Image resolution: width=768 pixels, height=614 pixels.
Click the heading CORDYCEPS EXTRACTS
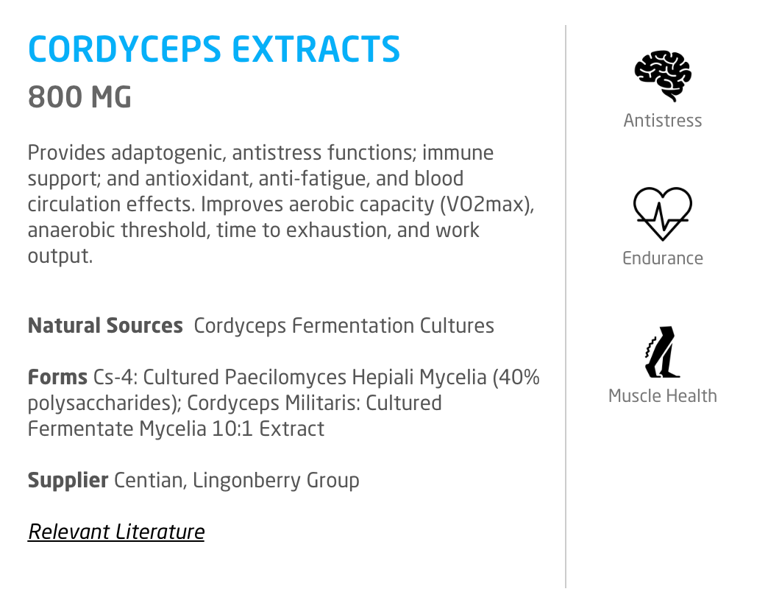click(214, 49)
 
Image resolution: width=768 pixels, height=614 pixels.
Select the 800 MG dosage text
click(80, 96)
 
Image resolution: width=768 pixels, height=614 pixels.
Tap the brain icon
click(663, 76)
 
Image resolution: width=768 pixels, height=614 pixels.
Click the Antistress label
click(663, 121)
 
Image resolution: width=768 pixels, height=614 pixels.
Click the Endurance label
click(663, 258)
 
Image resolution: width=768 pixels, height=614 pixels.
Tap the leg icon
click(662, 352)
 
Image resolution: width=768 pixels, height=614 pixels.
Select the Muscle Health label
click(663, 396)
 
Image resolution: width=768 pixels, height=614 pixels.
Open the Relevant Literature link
click(116, 532)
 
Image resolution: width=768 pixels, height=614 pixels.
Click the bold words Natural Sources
click(105, 326)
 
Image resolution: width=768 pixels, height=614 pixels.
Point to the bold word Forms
click(58, 378)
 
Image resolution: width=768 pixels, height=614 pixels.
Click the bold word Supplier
click(68, 481)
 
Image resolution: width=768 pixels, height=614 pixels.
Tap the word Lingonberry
click(246, 481)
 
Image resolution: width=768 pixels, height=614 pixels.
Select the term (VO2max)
click(487, 205)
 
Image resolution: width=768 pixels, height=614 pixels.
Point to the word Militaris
click(323, 403)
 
